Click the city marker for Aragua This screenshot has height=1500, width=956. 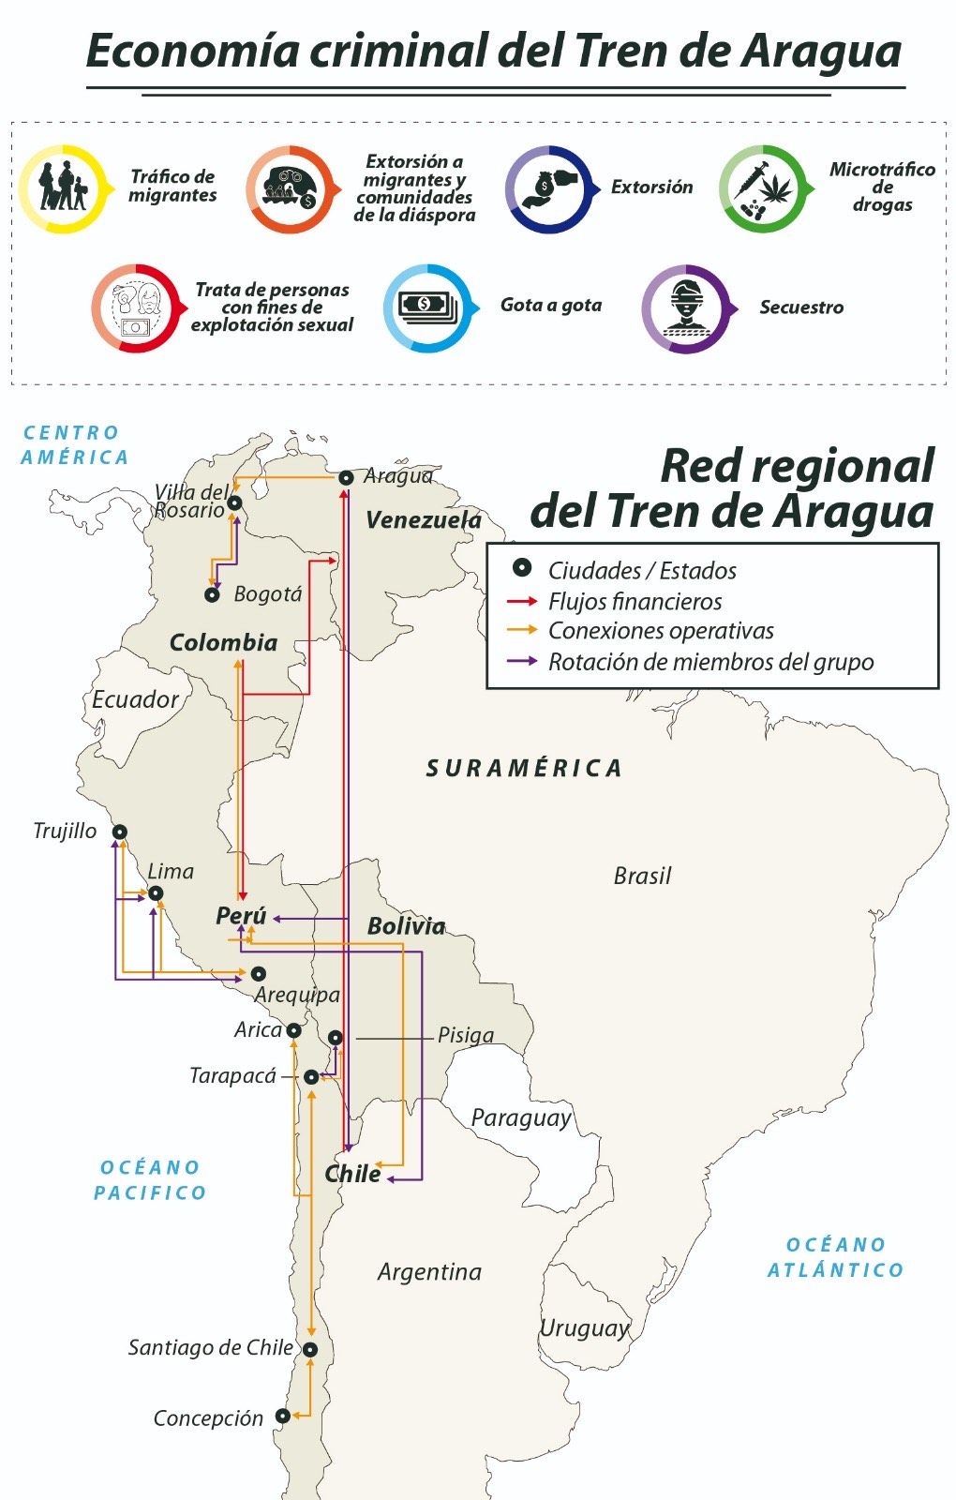point(346,478)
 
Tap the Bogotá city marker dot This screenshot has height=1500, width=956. point(213,595)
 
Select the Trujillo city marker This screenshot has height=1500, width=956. point(120,832)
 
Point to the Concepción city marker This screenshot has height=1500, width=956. point(282,1417)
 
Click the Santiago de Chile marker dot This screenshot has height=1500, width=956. point(310,1350)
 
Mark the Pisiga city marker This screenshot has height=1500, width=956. point(335,1038)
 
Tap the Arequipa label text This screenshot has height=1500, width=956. point(298,995)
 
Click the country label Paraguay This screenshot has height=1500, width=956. point(521,1117)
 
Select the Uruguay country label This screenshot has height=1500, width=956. point(585,1327)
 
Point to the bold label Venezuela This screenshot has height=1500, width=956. point(424,520)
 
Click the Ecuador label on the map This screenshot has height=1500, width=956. point(135,699)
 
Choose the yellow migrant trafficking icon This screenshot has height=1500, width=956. point(63,189)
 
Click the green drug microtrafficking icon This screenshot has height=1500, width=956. point(764,189)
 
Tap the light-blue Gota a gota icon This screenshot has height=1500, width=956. point(428,307)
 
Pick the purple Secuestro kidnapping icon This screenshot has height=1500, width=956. point(685,308)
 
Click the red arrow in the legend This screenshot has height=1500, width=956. point(521,601)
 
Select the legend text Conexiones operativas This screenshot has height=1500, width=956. point(661,631)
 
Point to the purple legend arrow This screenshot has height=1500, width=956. point(521,661)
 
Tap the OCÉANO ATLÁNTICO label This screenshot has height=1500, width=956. point(835,1257)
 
